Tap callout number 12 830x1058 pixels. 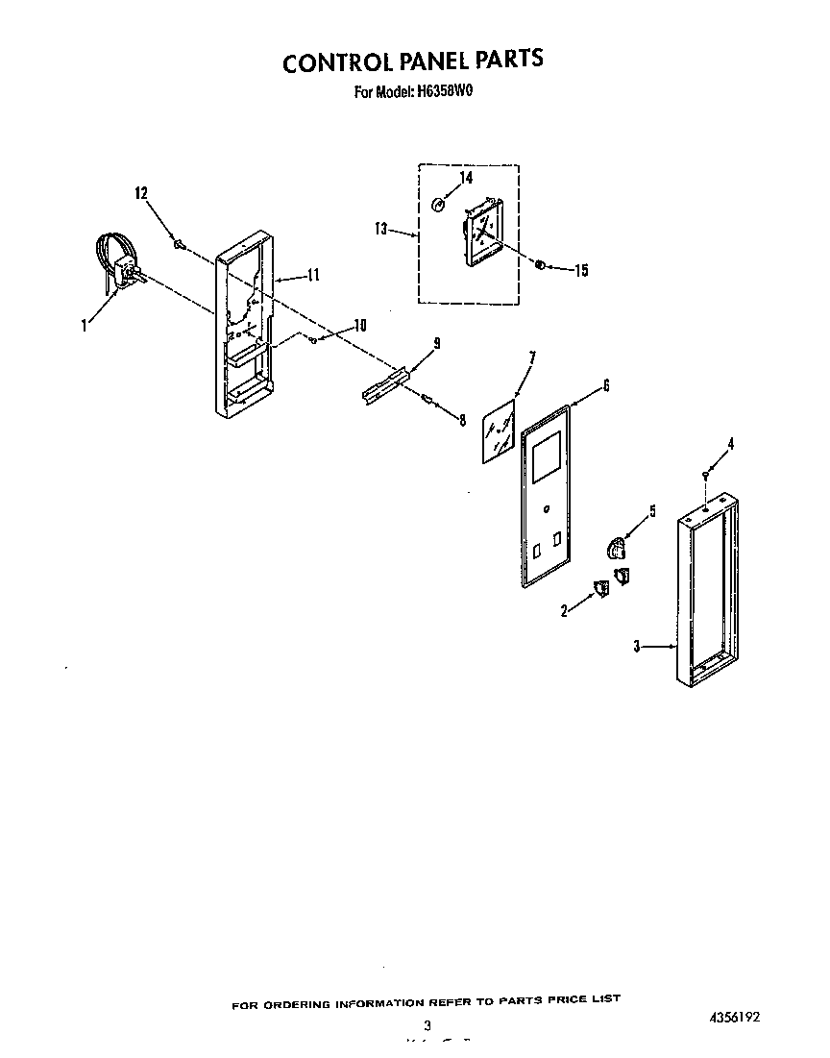pyautogui.click(x=141, y=193)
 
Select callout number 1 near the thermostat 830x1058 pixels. pyautogui.click(x=85, y=326)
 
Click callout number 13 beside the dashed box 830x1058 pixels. pyautogui.click(x=381, y=229)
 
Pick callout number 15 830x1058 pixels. pyautogui.click(x=580, y=271)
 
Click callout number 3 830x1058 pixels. pyautogui.click(x=636, y=647)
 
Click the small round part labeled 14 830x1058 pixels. pyautogui.click(x=438, y=204)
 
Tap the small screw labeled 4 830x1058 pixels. pyautogui.click(x=707, y=476)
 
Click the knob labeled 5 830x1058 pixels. pyautogui.click(x=616, y=548)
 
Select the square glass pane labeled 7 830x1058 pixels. pyautogui.click(x=499, y=433)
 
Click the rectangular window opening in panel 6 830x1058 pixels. pyautogui.click(x=547, y=456)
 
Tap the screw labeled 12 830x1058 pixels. pyautogui.click(x=178, y=244)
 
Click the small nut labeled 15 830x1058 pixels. pyautogui.click(x=542, y=263)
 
